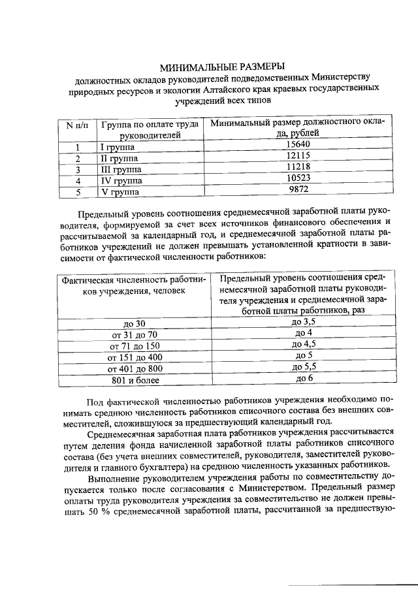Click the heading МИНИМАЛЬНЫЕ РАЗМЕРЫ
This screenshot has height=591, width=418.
[223, 66]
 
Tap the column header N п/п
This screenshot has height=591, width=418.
[77, 125]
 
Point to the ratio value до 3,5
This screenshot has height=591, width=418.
[303, 322]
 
